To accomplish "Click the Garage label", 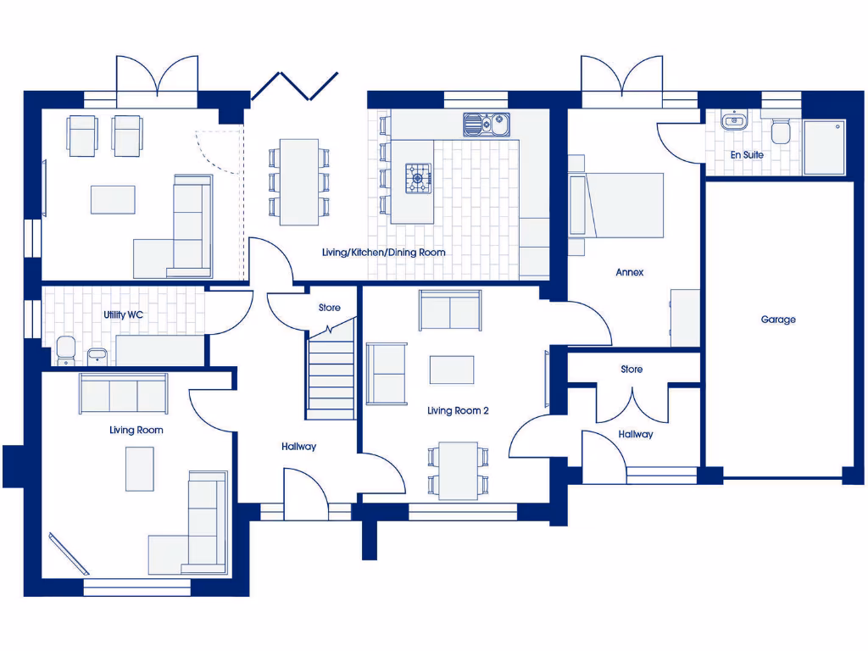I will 777,320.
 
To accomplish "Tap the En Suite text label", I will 747,155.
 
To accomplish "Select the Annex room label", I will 630,272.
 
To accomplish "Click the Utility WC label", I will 123,314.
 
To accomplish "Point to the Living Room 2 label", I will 458,411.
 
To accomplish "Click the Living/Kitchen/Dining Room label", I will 383,253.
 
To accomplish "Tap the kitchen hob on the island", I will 419,179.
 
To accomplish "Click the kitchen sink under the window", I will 486,125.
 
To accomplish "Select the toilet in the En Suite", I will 781,131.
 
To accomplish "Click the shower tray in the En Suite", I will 824,147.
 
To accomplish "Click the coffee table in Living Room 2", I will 452,370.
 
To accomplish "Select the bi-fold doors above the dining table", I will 294,85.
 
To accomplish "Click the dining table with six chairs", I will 299,182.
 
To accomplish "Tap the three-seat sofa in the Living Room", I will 124,392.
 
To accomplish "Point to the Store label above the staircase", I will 330,308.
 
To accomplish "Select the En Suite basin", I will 732,122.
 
